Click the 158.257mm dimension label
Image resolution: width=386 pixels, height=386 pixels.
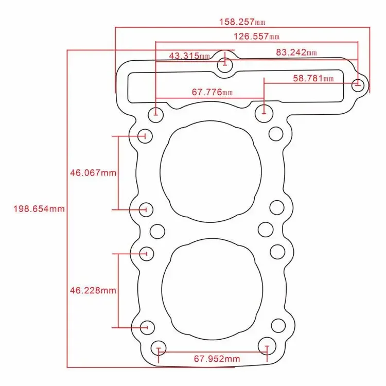(242, 22)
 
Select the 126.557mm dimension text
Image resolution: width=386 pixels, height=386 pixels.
(256, 37)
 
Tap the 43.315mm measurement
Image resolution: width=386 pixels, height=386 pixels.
(189, 56)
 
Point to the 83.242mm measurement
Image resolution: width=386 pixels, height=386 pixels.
(296, 52)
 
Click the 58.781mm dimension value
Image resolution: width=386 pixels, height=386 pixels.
(313, 78)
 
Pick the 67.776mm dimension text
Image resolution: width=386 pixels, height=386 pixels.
(212, 92)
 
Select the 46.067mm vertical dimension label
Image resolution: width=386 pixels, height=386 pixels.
(93, 173)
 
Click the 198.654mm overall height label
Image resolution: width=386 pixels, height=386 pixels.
(39, 209)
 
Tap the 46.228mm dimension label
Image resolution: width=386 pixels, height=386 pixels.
(93, 290)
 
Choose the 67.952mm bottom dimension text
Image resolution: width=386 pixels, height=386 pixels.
(217, 359)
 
